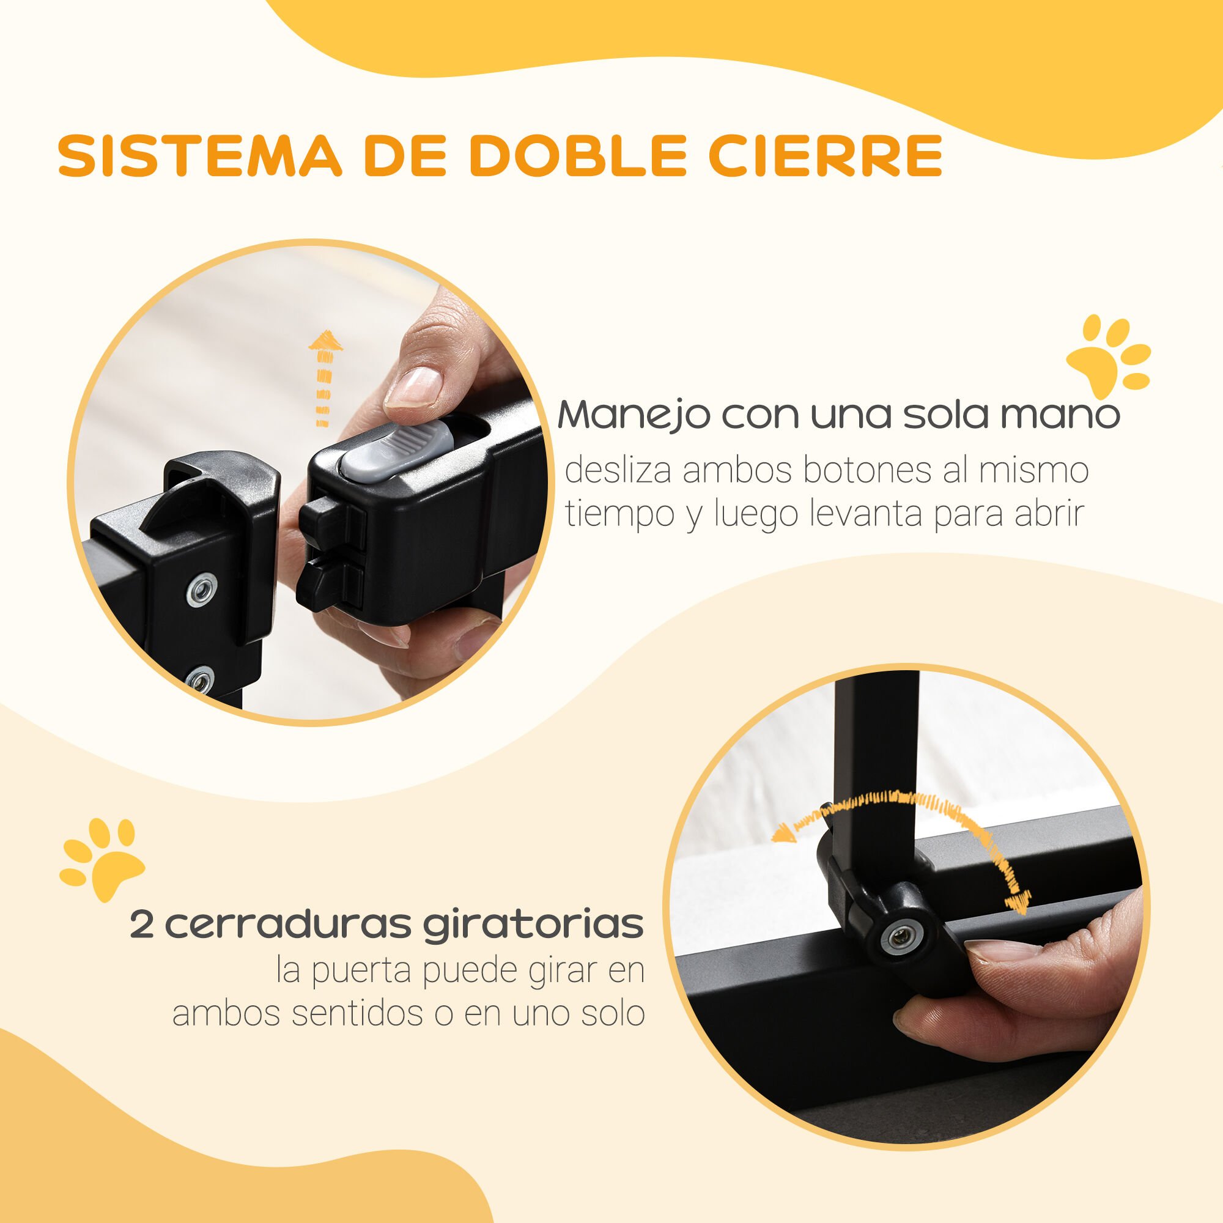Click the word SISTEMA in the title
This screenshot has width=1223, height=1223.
coord(199,155)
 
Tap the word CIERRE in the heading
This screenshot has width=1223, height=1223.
coord(825,155)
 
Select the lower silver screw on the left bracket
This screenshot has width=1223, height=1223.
coord(199,682)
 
